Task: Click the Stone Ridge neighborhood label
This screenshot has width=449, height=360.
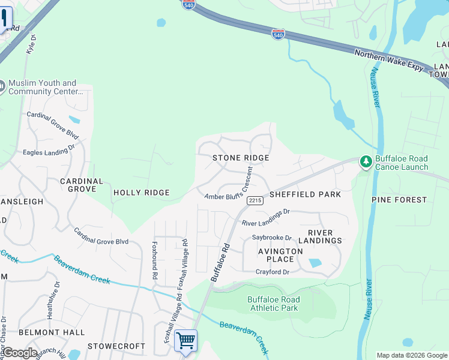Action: tap(240, 157)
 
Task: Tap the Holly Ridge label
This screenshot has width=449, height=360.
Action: tap(142, 193)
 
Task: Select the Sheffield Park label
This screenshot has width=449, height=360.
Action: tap(305, 194)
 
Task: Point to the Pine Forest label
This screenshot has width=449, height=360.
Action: tap(399, 199)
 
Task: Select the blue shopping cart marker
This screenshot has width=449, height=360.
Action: tap(185, 340)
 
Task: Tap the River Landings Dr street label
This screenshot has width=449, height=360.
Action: tap(265, 217)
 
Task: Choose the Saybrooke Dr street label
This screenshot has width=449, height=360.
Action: tap(271, 238)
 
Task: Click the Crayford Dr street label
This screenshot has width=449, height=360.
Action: tap(273, 272)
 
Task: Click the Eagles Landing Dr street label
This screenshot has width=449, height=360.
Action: tap(49, 149)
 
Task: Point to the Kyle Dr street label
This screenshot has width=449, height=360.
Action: tap(31, 45)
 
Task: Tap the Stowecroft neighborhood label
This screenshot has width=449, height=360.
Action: tap(116, 346)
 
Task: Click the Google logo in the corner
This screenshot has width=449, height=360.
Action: tap(19, 352)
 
